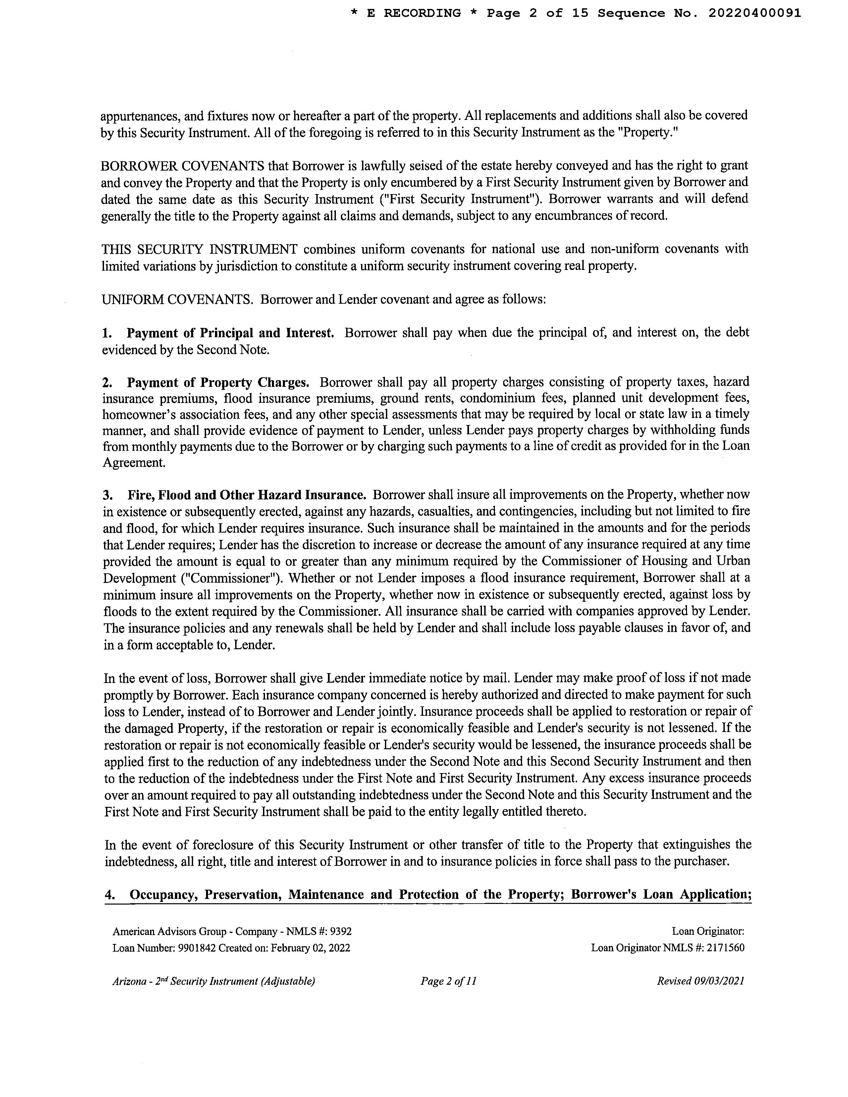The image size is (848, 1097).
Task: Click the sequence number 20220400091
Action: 755,14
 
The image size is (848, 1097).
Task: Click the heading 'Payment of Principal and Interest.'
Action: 230,333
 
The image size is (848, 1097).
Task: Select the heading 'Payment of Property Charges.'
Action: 218,383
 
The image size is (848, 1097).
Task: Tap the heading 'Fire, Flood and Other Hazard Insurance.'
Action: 247,495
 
